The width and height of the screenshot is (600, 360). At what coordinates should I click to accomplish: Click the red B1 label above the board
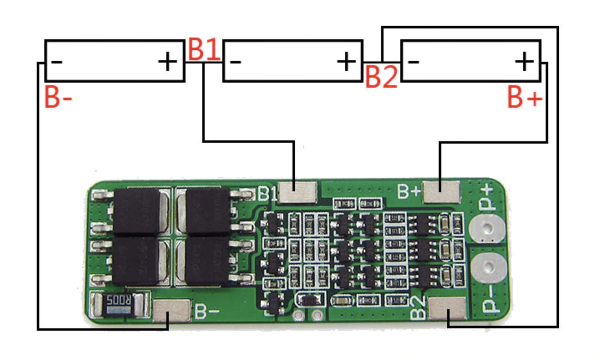(204, 49)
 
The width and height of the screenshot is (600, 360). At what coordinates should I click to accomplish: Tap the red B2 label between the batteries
(381, 76)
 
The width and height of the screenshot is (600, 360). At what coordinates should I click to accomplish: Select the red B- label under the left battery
(58, 97)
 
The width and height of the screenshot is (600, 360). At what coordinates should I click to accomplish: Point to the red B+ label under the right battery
(525, 98)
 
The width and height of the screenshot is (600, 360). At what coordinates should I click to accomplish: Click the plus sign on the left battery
(167, 62)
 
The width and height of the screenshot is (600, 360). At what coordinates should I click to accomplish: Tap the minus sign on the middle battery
(236, 62)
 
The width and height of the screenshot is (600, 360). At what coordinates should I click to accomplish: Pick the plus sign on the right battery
(524, 61)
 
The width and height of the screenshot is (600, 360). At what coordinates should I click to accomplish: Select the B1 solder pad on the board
(298, 193)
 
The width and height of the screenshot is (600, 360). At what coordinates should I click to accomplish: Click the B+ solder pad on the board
(441, 192)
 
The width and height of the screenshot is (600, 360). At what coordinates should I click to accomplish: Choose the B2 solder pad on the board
(448, 310)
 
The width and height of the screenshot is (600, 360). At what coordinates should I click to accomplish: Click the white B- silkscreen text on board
(207, 311)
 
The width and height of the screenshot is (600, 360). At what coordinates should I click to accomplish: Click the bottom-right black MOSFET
(207, 262)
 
